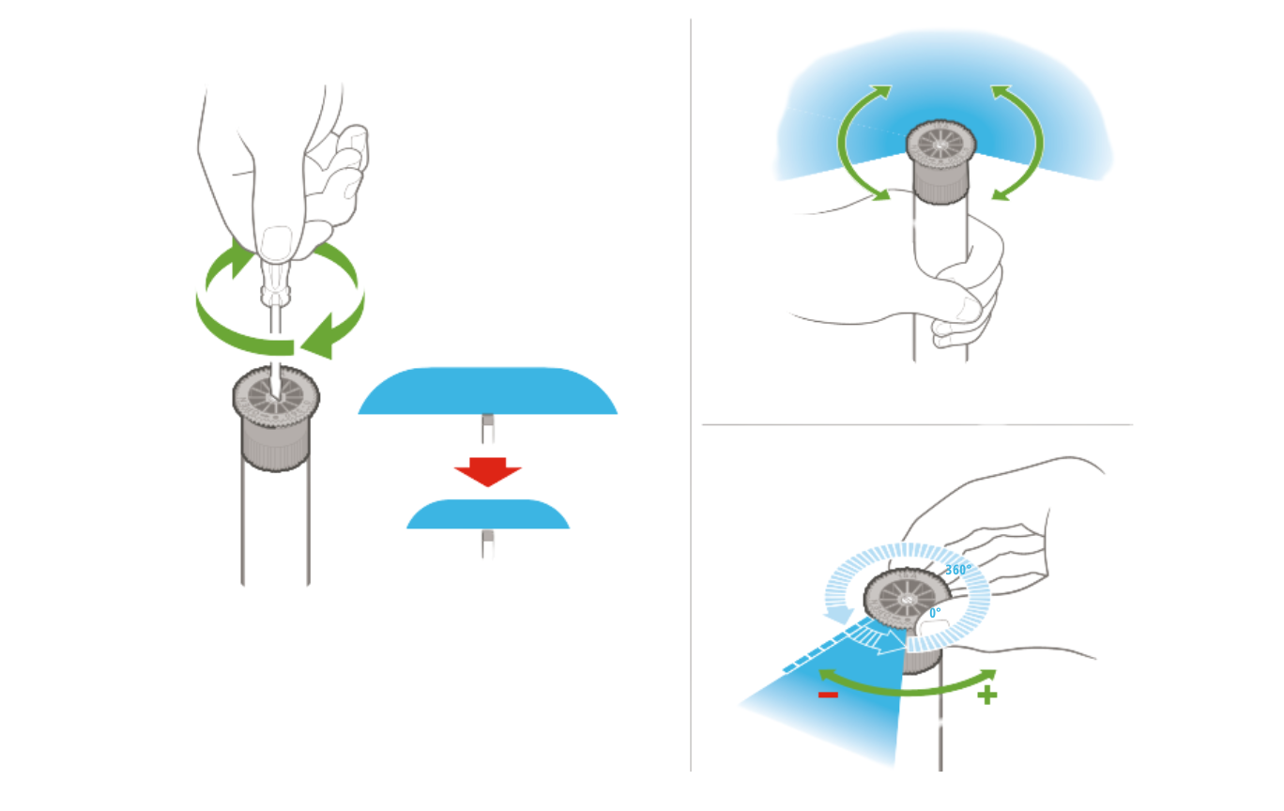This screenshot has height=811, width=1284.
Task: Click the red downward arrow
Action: (488, 471)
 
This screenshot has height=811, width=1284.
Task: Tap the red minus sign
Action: (828, 695)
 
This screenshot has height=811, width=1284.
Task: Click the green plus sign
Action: (987, 696)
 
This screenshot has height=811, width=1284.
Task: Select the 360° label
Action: (958, 570)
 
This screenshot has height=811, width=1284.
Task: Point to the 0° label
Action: (934, 613)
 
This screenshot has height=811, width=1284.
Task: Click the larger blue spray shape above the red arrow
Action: (488, 390)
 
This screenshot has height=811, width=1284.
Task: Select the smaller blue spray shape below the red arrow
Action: (488, 514)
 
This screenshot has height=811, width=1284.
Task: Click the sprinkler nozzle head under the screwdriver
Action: (276, 419)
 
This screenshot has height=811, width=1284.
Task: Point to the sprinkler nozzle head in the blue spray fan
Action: (940, 161)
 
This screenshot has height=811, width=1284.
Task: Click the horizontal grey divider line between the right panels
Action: (917, 424)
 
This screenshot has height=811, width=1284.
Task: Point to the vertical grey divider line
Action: (691, 394)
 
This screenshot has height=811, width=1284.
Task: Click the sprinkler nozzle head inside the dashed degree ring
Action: (906, 599)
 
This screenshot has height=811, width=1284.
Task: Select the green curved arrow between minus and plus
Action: (907, 692)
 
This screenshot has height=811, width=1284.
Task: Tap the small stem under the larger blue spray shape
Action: (488, 429)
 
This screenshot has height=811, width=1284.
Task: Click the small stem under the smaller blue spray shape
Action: (488, 543)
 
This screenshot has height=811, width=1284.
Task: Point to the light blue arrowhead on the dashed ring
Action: (838, 616)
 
